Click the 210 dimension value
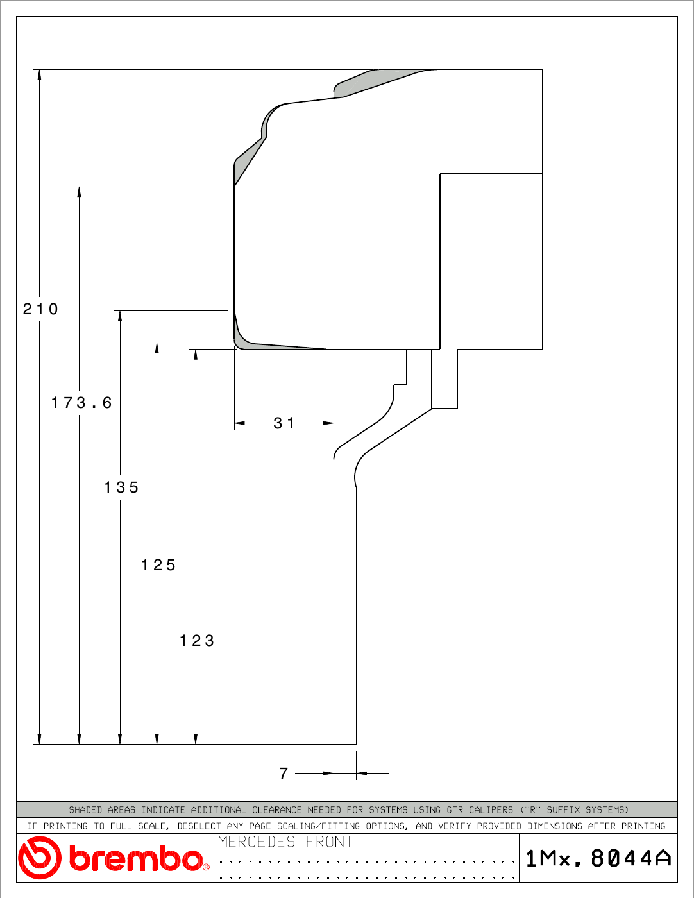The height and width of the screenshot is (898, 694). point(40,309)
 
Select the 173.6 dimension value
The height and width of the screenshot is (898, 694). point(81,402)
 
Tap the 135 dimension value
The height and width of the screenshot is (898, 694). point(121,487)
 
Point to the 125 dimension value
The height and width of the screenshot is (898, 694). point(158,564)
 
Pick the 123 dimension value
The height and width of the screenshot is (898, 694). point(197,641)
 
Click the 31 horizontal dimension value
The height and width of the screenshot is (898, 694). point(284,423)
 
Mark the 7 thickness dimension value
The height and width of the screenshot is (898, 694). point(284,773)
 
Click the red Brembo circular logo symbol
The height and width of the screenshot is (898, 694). point(39,858)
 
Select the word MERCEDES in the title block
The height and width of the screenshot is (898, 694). point(256,842)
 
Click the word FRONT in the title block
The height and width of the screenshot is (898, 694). point(329,842)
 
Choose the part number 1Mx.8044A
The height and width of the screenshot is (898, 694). point(598,858)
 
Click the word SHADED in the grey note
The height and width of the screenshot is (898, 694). point(85,809)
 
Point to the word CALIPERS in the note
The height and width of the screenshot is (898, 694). point(491,809)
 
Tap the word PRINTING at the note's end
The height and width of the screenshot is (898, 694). point(643,826)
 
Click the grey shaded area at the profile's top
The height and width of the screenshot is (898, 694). point(380,82)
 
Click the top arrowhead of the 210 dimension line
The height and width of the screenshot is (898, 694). point(39,74)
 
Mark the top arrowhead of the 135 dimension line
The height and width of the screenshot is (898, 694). point(120,316)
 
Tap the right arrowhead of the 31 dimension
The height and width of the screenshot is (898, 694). point(328,423)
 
